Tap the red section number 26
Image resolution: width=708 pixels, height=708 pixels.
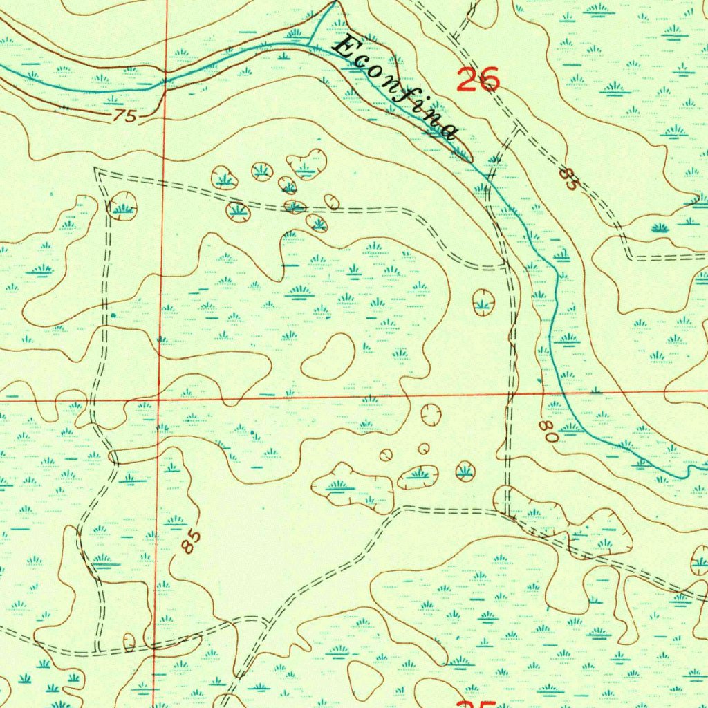(x=478, y=80)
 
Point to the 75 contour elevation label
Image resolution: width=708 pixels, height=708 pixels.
(x=125, y=116)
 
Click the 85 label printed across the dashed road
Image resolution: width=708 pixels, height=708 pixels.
(x=568, y=178)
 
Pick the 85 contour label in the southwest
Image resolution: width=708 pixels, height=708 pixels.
(x=193, y=541)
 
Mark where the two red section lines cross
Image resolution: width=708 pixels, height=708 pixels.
(x=158, y=400)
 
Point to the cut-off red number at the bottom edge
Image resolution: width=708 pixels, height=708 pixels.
(x=478, y=704)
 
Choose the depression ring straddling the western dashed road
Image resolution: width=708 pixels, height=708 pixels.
(x=122, y=205)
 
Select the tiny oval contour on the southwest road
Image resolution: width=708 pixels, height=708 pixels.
(x=129, y=641)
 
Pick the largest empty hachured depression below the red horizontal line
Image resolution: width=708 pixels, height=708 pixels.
(x=431, y=415)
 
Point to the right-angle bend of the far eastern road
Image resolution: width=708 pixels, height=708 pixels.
(x=630, y=257)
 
